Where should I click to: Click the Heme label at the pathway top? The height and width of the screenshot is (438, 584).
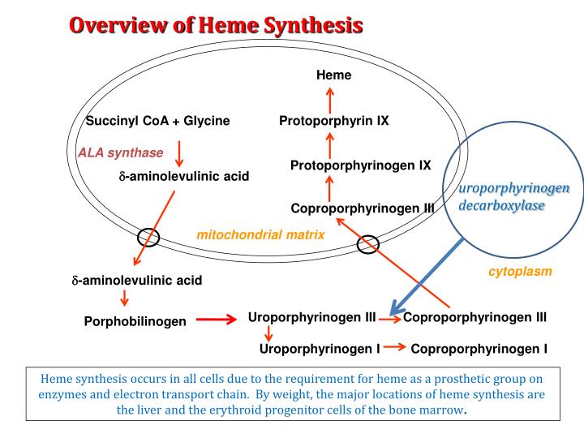pyautogui.click(x=333, y=75)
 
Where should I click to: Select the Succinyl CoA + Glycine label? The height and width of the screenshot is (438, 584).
pyautogui.click(x=158, y=121)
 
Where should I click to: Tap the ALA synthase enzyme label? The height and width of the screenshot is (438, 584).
pyautogui.click(x=121, y=152)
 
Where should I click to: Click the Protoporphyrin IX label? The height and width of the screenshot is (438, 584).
pyautogui.click(x=333, y=121)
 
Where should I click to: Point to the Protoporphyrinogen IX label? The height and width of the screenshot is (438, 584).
pyautogui.click(x=360, y=165)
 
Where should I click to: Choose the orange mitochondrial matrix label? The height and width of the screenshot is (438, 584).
pyautogui.click(x=260, y=235)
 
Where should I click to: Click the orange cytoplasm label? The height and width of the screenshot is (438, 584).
pyautogui.click(x=520, y=272)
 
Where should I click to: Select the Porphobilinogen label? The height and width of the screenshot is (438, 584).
pyautogui.click(x=135, y=321)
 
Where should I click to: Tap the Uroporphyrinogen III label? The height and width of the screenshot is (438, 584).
pyautogui.click(x=311, y=317)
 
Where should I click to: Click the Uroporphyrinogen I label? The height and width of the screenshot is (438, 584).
pyautogui.click(x=320, y=350)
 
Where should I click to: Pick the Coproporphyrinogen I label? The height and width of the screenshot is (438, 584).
pyautogui.click(x=479, y=350)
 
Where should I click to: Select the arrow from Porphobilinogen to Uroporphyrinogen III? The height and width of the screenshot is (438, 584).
pyautogui.click(x=216, y=320)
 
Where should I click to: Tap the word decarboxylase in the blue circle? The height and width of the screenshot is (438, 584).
pyautogui.click(x=501, y=206)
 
